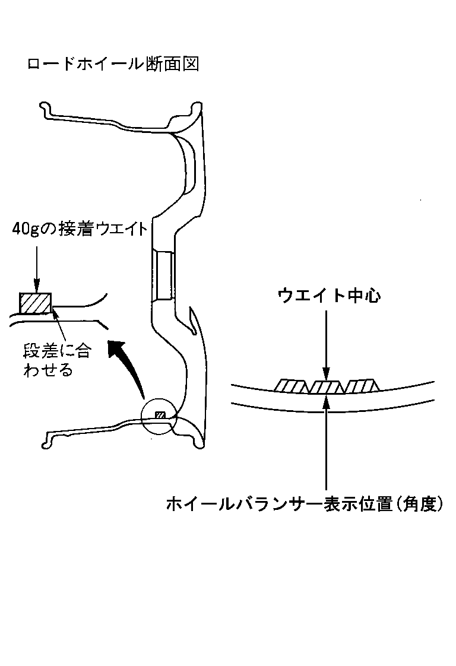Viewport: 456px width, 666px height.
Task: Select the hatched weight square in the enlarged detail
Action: pyautogui.click(x=36, y=303)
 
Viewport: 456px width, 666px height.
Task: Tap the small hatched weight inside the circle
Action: pyautogui.click(x=160, y=415)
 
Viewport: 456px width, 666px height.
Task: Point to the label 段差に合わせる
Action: pyautogui.click(x=56, y=361)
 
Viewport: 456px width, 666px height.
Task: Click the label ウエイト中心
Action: pyautogui.click(x=329, y=295)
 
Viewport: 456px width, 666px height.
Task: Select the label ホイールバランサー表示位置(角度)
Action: pyautogui.click(x=304, y=505)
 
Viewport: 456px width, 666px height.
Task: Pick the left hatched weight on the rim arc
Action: pyautogui.click(x=291, y=386)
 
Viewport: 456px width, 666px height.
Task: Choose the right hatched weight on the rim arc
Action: pyautogui.click(x=363, y=386)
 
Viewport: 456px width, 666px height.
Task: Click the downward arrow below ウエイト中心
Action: pyautogui.click(x=325, y=344)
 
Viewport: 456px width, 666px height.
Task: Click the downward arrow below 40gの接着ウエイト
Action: pyautogui.click(x=36, y=261)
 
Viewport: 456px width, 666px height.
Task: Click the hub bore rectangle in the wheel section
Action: pyautogui.click(x=163, y=274)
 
